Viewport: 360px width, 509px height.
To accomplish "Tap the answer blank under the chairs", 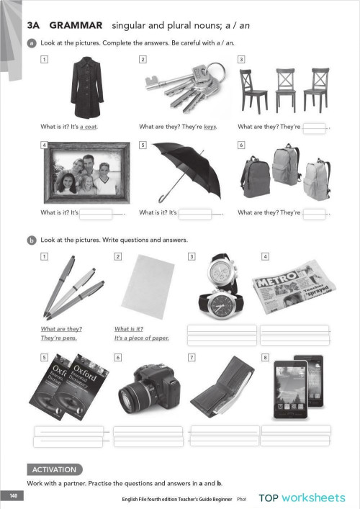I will point(315,127).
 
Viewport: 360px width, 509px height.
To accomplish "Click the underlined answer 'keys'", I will point(210,127).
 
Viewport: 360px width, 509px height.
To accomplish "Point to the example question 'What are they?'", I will point(61,329).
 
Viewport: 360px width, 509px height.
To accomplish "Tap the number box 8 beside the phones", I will point(266,356).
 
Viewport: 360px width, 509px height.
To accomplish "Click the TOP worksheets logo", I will point(302,497).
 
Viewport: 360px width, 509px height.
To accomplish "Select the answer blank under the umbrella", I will point(194,213).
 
